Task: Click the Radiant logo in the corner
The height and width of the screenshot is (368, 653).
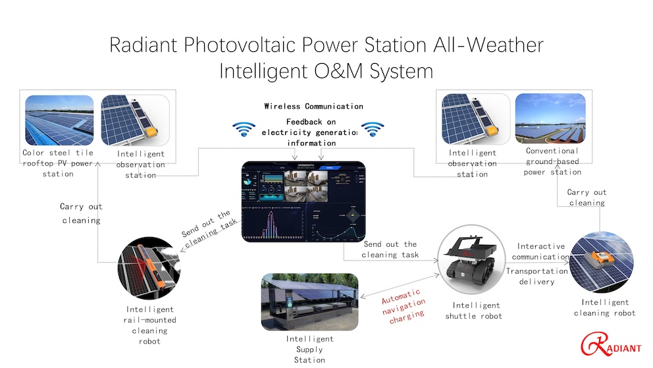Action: (610, 344)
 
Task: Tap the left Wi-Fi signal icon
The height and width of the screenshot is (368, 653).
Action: (244, 129)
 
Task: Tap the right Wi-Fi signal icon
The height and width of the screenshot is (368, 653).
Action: (373, 129)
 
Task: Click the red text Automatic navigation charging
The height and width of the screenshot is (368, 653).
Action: (404, 306)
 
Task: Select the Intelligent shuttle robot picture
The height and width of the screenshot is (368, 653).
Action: (472, 259)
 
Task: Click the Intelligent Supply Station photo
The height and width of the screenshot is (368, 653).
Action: (309, 302)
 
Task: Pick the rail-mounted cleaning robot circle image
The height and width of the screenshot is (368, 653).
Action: (149, 268)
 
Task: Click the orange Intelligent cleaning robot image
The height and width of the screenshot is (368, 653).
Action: (602, 262)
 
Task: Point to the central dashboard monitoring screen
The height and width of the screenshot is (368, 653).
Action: (303, 201)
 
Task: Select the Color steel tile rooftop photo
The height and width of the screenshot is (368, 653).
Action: (59, 120)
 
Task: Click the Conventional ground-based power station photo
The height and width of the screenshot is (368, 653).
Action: (550, 118)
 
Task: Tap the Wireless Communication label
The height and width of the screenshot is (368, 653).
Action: (313, 106)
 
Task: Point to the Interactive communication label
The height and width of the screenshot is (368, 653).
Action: (540, 251)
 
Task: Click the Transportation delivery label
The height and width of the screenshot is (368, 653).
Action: (536, 276)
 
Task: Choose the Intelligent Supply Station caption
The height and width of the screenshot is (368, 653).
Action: (309, 350)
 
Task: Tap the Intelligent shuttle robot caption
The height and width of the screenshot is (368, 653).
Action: (474, 311)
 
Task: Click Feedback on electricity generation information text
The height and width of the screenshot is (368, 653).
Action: (310, 132)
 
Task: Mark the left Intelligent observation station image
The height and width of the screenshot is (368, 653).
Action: (136, 120)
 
